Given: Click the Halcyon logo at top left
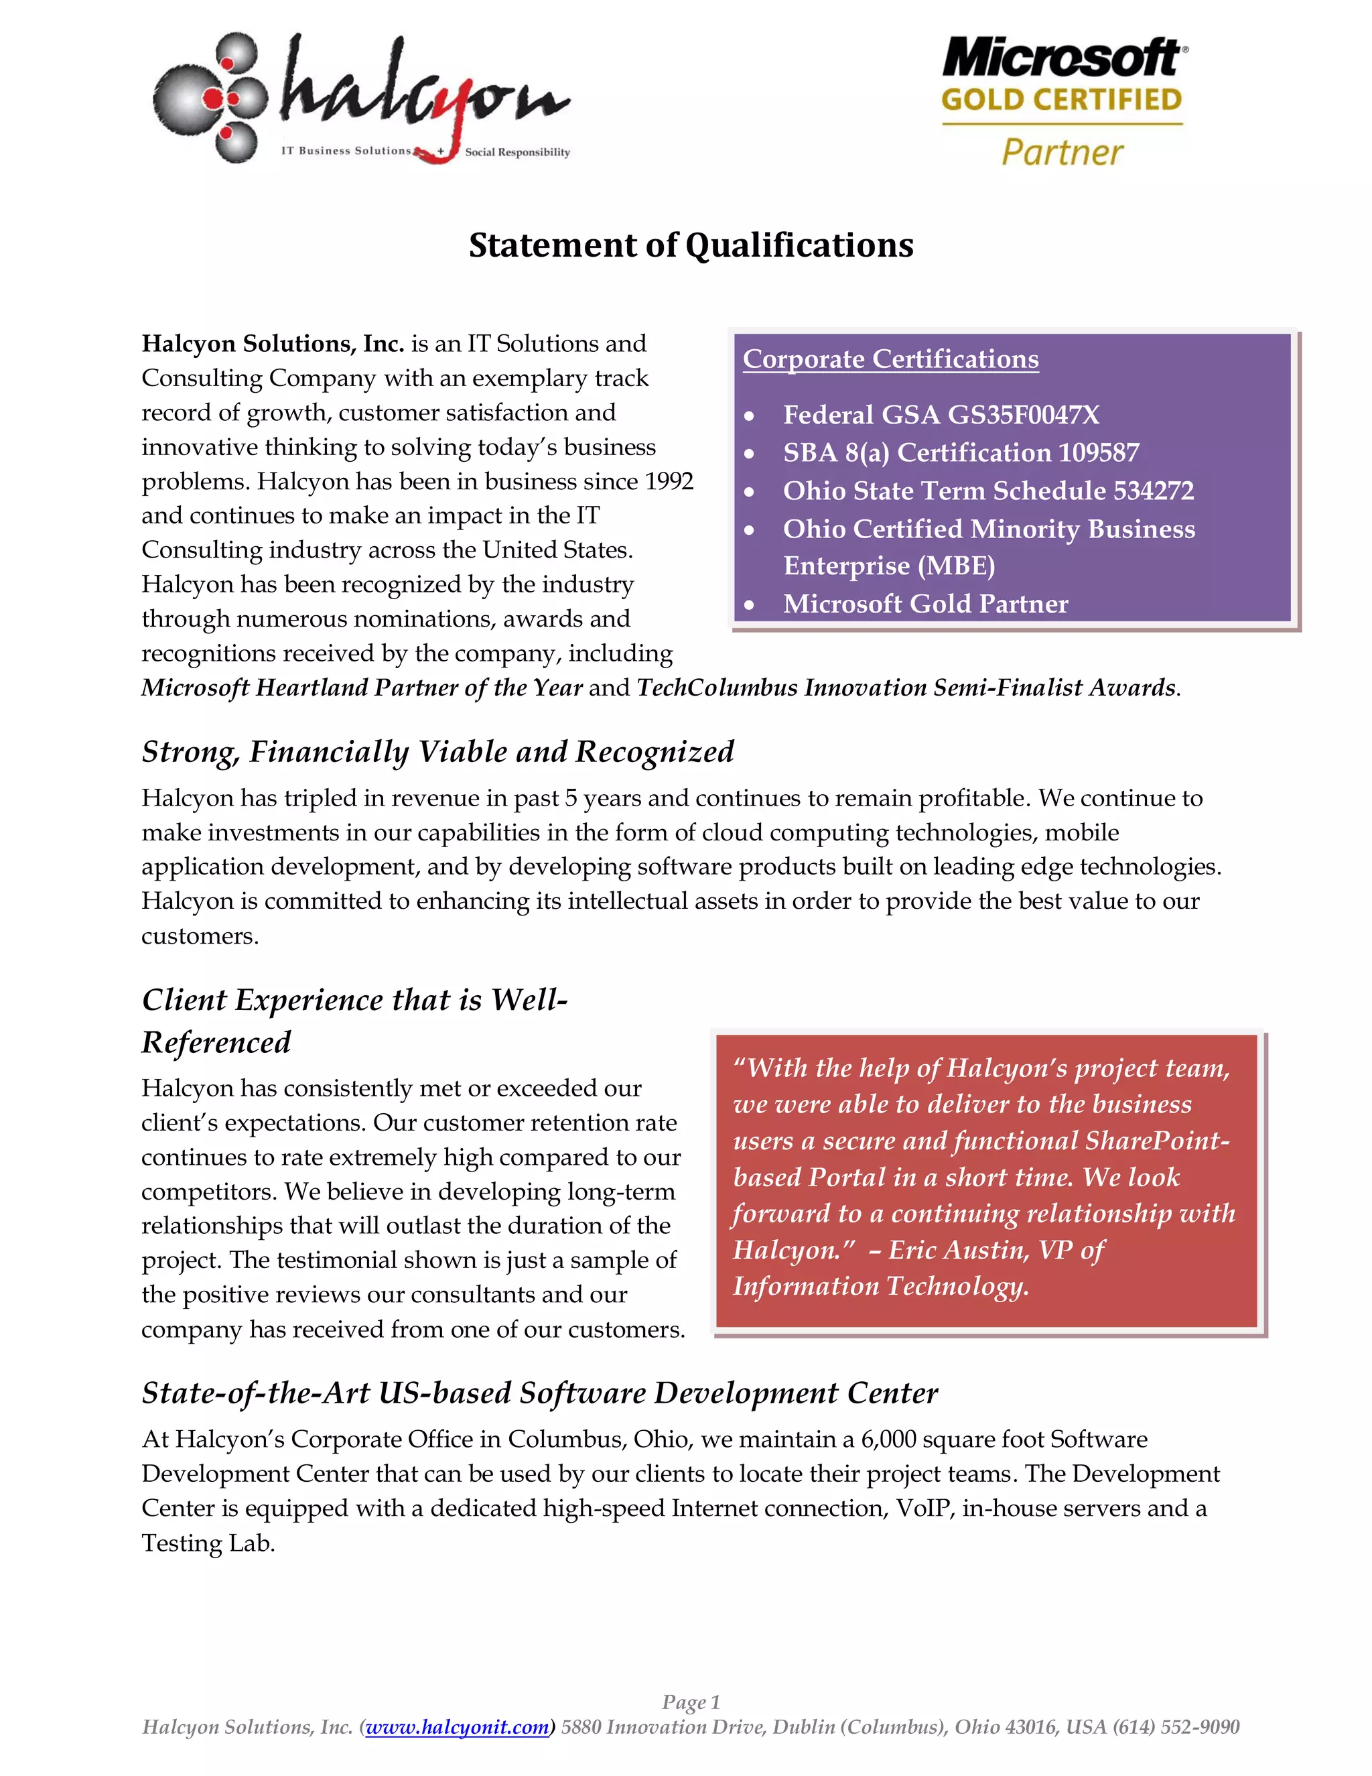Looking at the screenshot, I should [362, 99].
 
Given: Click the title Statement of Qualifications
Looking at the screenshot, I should [691, 245].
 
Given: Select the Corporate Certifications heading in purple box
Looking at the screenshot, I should [890, 359].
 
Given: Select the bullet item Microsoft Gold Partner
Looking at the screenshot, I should [925, 605].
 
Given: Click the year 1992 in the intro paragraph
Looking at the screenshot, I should [669, 481].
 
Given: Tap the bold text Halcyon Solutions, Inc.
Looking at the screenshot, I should [272, 344].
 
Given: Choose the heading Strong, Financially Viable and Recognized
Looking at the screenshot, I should [437, 751].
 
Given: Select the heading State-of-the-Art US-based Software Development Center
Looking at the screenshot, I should [540, 1393].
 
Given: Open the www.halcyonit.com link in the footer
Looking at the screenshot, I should [457, 1727].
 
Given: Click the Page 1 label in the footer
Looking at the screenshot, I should [691, 1702].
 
